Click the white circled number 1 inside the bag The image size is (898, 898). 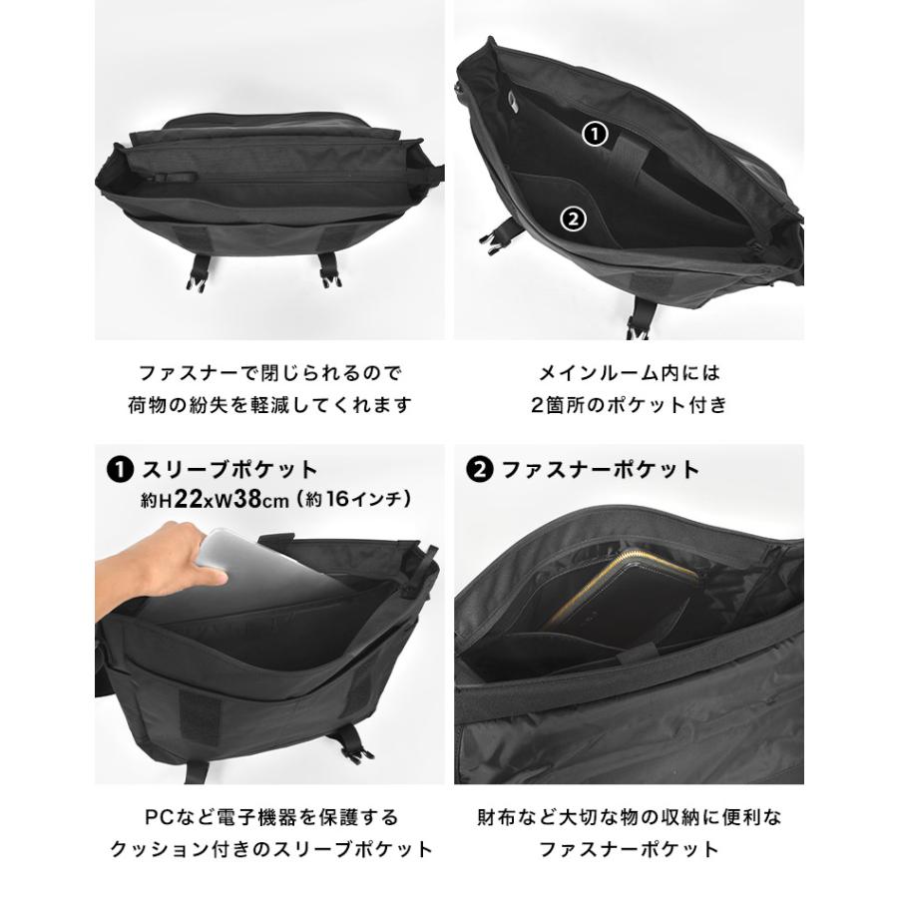(x=595, y=135)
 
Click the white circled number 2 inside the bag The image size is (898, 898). (x=574, y=219)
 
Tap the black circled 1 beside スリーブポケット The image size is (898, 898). (x=121, y=470)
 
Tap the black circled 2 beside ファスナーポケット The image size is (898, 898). (x=480, y=470)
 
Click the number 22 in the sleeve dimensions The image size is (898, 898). (x=188, y=500)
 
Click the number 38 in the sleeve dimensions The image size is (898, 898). (x=247, y=500)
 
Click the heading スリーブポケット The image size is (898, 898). (x=229, y=470)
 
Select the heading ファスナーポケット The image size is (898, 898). (x=601, y=470)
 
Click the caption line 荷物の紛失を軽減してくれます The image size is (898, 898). (x=269, y=405)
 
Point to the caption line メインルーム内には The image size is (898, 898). (x=629, y=373)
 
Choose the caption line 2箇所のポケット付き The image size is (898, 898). (x=629, y=405)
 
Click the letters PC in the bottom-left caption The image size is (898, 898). (x=159, y=817)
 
